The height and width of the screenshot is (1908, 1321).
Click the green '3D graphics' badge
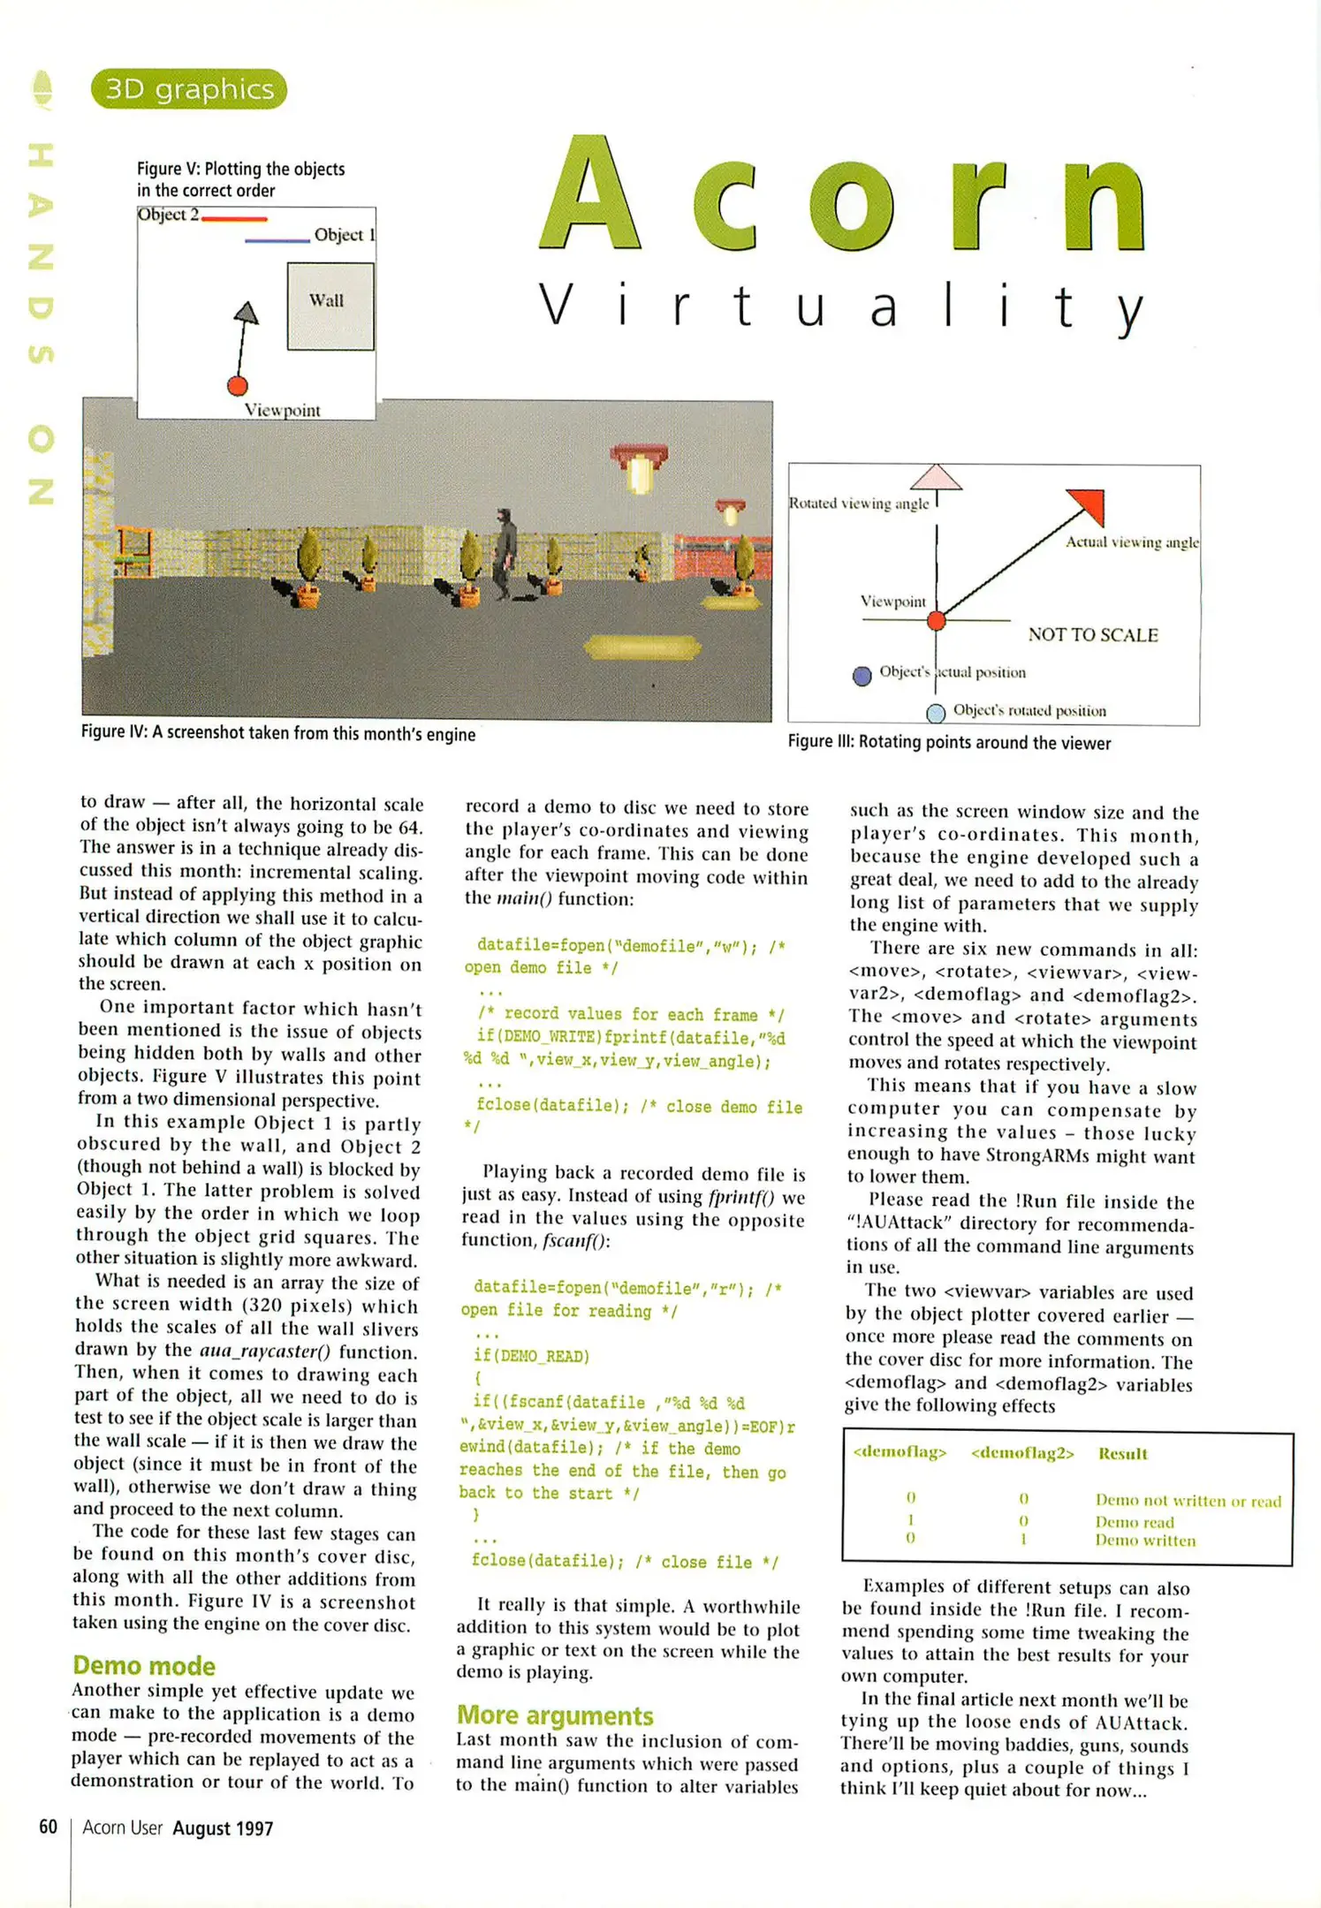click(188, 89)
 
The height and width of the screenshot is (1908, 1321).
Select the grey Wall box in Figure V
click(330, 306)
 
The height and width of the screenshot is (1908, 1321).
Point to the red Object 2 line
click(234, 218)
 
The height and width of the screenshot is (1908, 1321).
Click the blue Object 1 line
click(277, 240)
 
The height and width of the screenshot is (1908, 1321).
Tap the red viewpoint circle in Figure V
click(237, 386)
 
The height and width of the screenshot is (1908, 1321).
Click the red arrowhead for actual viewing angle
click(1089, 504)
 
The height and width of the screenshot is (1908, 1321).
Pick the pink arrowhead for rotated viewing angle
click(936, 478)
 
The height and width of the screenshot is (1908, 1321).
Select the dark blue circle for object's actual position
click(862, 676)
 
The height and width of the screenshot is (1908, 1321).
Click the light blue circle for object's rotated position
click(936, 712)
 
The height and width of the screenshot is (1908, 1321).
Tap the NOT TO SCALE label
click(1093, 634)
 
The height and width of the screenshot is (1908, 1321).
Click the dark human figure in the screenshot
click(505, 553)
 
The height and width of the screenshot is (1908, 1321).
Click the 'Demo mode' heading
click(144, 1665)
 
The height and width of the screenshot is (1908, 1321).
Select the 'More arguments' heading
click(555, 1715)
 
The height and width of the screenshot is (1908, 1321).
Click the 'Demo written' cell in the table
click(1145, 1541)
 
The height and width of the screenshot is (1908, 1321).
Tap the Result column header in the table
click(1122, 1453)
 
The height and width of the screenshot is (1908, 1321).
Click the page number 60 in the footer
click(49, 1827)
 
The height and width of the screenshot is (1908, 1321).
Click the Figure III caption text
click(949, 743)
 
